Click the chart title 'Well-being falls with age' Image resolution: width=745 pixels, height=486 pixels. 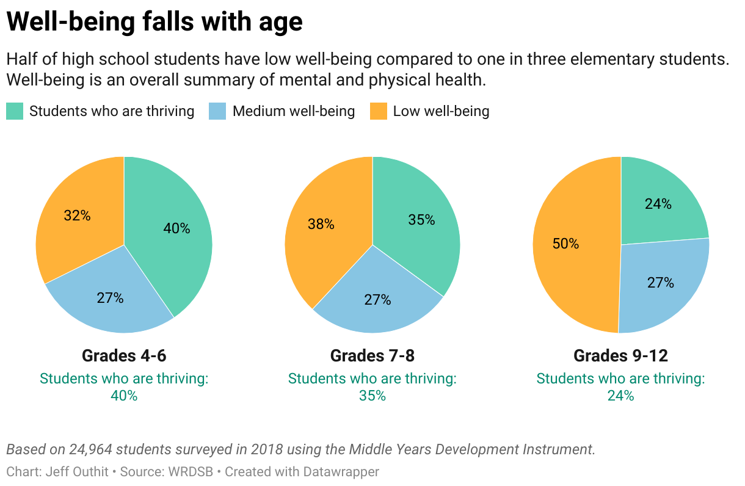pyautogui.click(x=154, y=23)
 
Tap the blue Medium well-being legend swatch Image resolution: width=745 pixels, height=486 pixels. pyautogui.click(x=217, y=111)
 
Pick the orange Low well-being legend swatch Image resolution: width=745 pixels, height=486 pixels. pyautogui.click(x=379, y=111)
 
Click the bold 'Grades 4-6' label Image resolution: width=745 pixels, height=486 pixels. pyautogui.click(x=124, y=355)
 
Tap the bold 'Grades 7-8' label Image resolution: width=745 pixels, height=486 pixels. pyautogui.click(x=372, y=355)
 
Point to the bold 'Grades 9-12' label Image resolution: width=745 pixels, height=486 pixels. pyautogui.click(x=620, y=355)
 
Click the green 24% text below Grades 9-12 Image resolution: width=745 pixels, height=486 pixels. pyautogui.click(x=620, y=396)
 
